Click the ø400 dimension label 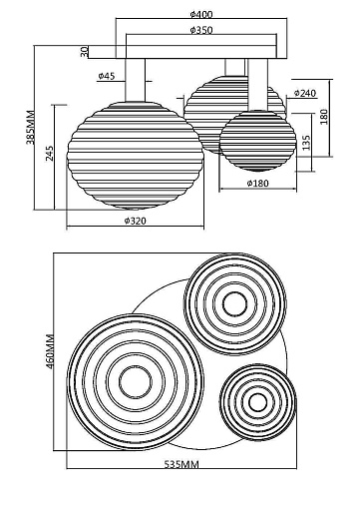pyautogui.click(x=201, y=14)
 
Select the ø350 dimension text pyautogui.click(x=201, y=30)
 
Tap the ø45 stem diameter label pyautogui.click(x=107, y=76)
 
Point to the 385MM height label pyautogui.click(x=30, y=127)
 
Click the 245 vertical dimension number pyautogui.click(x=49, y=153)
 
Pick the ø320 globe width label pyautogui.click(x=136, y=221)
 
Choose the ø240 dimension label pyautogui.click(x=305, y=93)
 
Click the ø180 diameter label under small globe pyautogui.click(x=257, y=183)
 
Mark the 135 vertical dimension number pyautogui.click(x=306, y=142)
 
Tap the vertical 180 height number pyautogui.click(x=324, y=117)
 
